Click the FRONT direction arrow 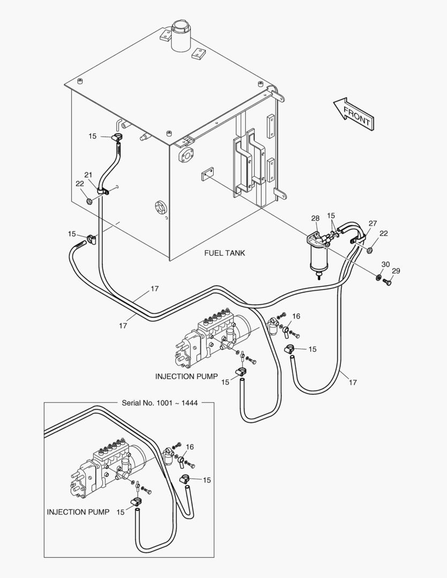(354, 113)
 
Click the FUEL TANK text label (224, 253)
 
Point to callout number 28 (315, 218)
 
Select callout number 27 (373, 223)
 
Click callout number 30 (385, 264)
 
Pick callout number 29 (396, 271)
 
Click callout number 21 (88, 174)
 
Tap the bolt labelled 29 (387, 283)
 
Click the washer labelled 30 (378, 277)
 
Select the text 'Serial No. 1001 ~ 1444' (160, 403)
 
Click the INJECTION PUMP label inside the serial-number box (78, 512)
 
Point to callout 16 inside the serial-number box (190, 447)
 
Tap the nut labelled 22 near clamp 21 (89, 201)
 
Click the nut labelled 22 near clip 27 (370, 250)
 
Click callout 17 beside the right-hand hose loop (353, 383)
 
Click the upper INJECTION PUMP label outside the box (187, 376)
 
